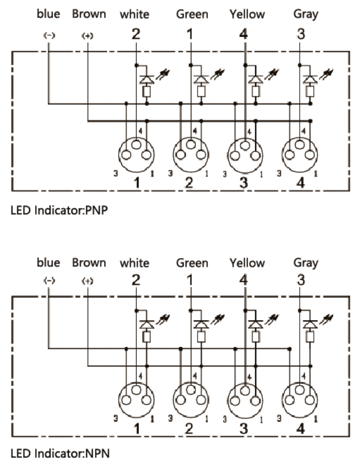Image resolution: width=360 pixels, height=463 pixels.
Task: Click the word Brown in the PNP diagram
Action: click(89, 14)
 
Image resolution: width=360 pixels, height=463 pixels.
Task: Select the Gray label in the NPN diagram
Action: click(306, 263)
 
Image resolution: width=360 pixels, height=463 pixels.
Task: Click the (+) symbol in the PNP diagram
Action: click(87, 36)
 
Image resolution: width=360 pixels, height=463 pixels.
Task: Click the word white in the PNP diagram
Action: click(134, 14)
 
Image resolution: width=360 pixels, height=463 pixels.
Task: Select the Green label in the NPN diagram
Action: click(192, 263)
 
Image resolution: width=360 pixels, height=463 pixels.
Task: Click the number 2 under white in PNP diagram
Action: click(136, 34)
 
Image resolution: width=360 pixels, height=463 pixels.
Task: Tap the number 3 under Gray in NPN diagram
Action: click(300, 280)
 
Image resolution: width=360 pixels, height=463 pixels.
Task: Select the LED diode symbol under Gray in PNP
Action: click(311, 79)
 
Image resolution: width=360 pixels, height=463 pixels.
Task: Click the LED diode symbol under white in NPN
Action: click(147, 324)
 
